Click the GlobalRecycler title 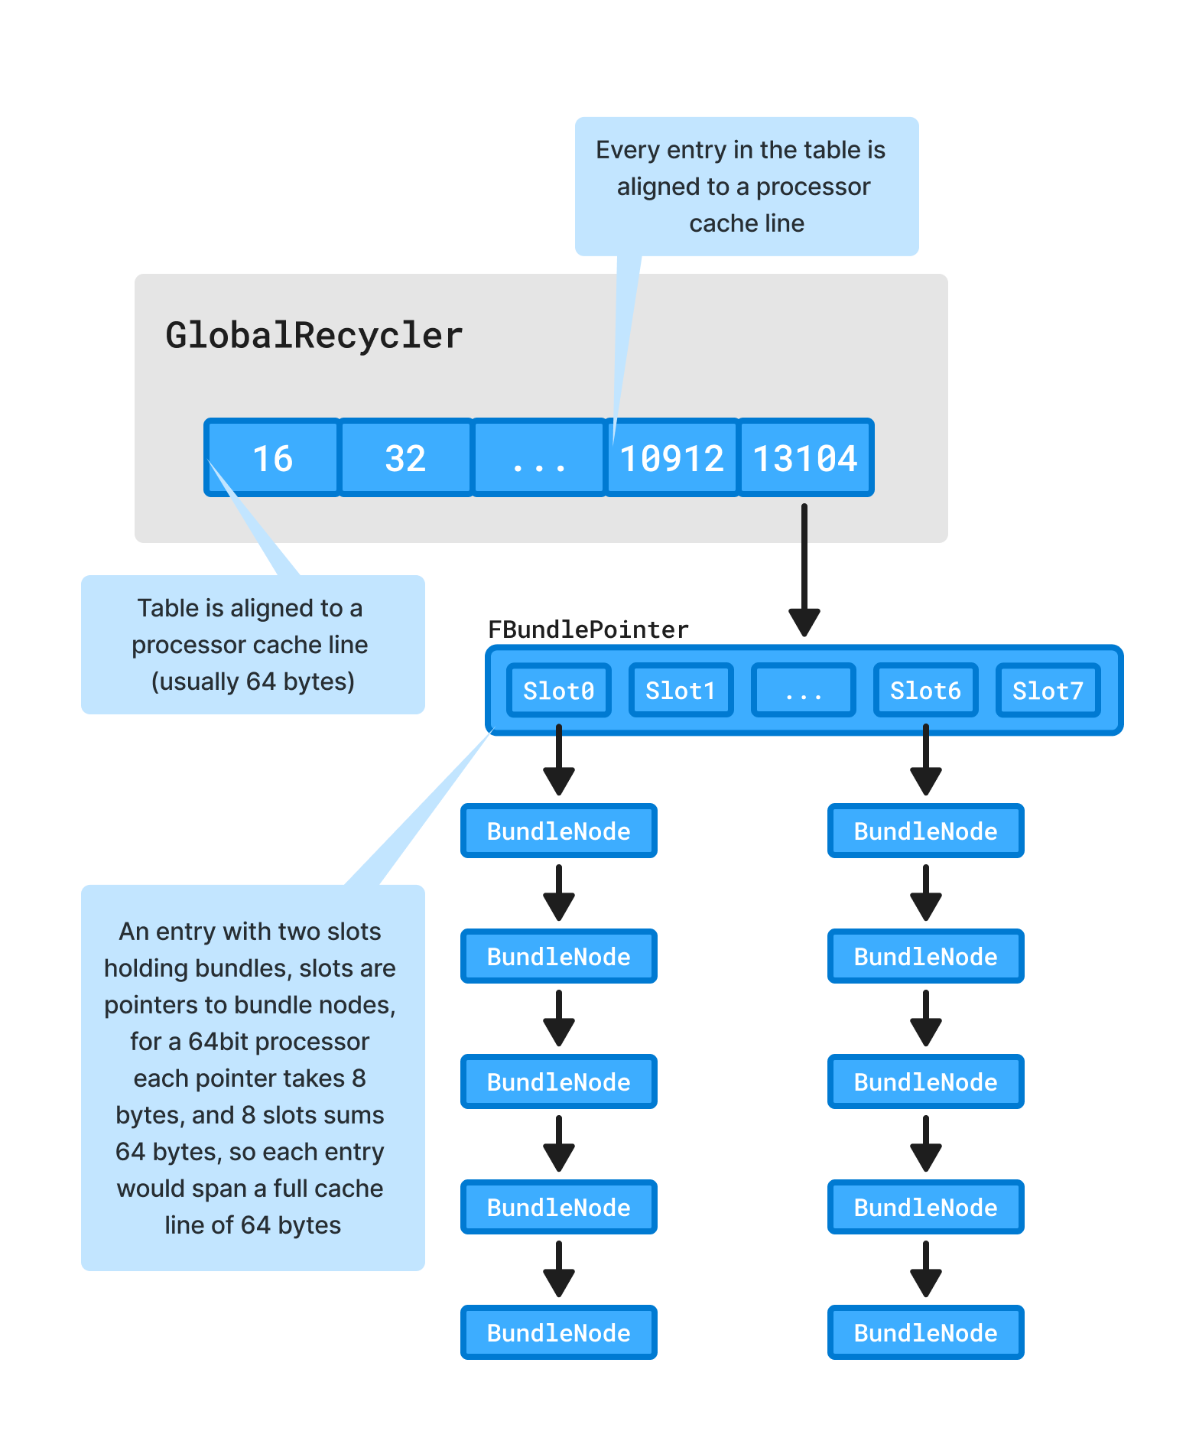point(314,336)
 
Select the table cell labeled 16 point(272,458)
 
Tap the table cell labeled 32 point(405,458)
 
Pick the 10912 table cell point(671,458)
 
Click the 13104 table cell point(805,458)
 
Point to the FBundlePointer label point(588,629)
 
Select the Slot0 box point(558,691)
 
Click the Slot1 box point(681,691)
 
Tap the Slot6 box point(925,691)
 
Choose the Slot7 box point(1048,691)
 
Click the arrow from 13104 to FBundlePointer point(804,570)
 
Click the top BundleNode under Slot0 point(559,831)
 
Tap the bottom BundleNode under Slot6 point(926,1332)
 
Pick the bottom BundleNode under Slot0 point(559,1332)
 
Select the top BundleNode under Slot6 point(926,831)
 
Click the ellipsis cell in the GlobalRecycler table point(539,458)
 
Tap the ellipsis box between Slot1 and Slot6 point(803,691)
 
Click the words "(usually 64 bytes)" point(253,681)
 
